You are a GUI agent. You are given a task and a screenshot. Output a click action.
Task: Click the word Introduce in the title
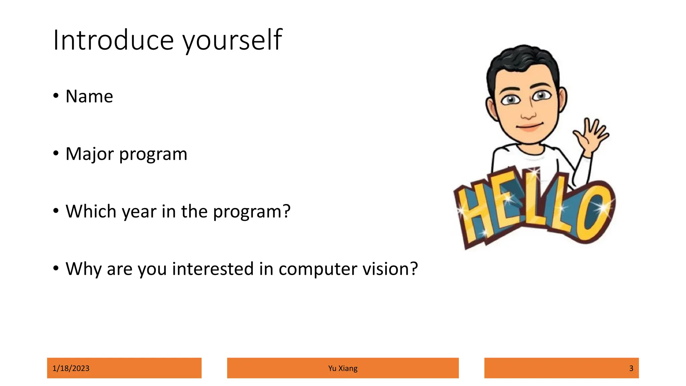pyautogui.click(x=113, y=40)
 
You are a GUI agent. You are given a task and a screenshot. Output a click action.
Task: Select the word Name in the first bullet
pyautogui.click(x=89, y=96)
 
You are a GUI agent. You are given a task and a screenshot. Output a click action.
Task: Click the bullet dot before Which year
pyautogui.click(x=56, y=211)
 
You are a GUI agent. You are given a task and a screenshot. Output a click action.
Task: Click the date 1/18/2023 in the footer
pyautogui.click(x=71, y=368)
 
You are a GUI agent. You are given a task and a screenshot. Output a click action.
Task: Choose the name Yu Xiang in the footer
pyautogui.click(x=343, y=368)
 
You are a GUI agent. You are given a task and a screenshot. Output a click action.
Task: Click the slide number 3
pyautogui.click(x=631, y=368)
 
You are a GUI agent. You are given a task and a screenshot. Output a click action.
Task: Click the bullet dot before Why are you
pyautogui.click(x=56, y=268)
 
